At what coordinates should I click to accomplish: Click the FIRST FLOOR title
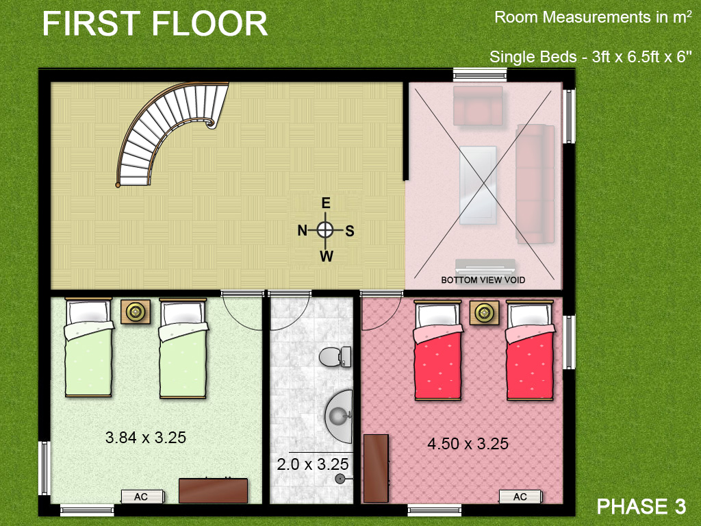tap(155, 24)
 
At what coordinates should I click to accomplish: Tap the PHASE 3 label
tap(641, 506)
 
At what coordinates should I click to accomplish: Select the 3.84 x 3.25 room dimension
tap(146, 437)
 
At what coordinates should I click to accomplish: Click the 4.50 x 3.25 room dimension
tap(468, 444)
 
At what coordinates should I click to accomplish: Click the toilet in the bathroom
tap(335, 356)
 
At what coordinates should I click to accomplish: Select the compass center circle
tap(326, 230)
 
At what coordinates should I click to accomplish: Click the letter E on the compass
tap(326, 203)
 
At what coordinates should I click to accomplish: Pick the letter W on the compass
tap(327, 257)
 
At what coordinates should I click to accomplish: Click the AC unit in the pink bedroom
tap(520, 497)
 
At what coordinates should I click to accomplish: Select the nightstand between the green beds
tap(136, 312)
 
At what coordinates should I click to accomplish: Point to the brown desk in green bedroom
tap(213, 490)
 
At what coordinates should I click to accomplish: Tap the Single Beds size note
tap(587, 57)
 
